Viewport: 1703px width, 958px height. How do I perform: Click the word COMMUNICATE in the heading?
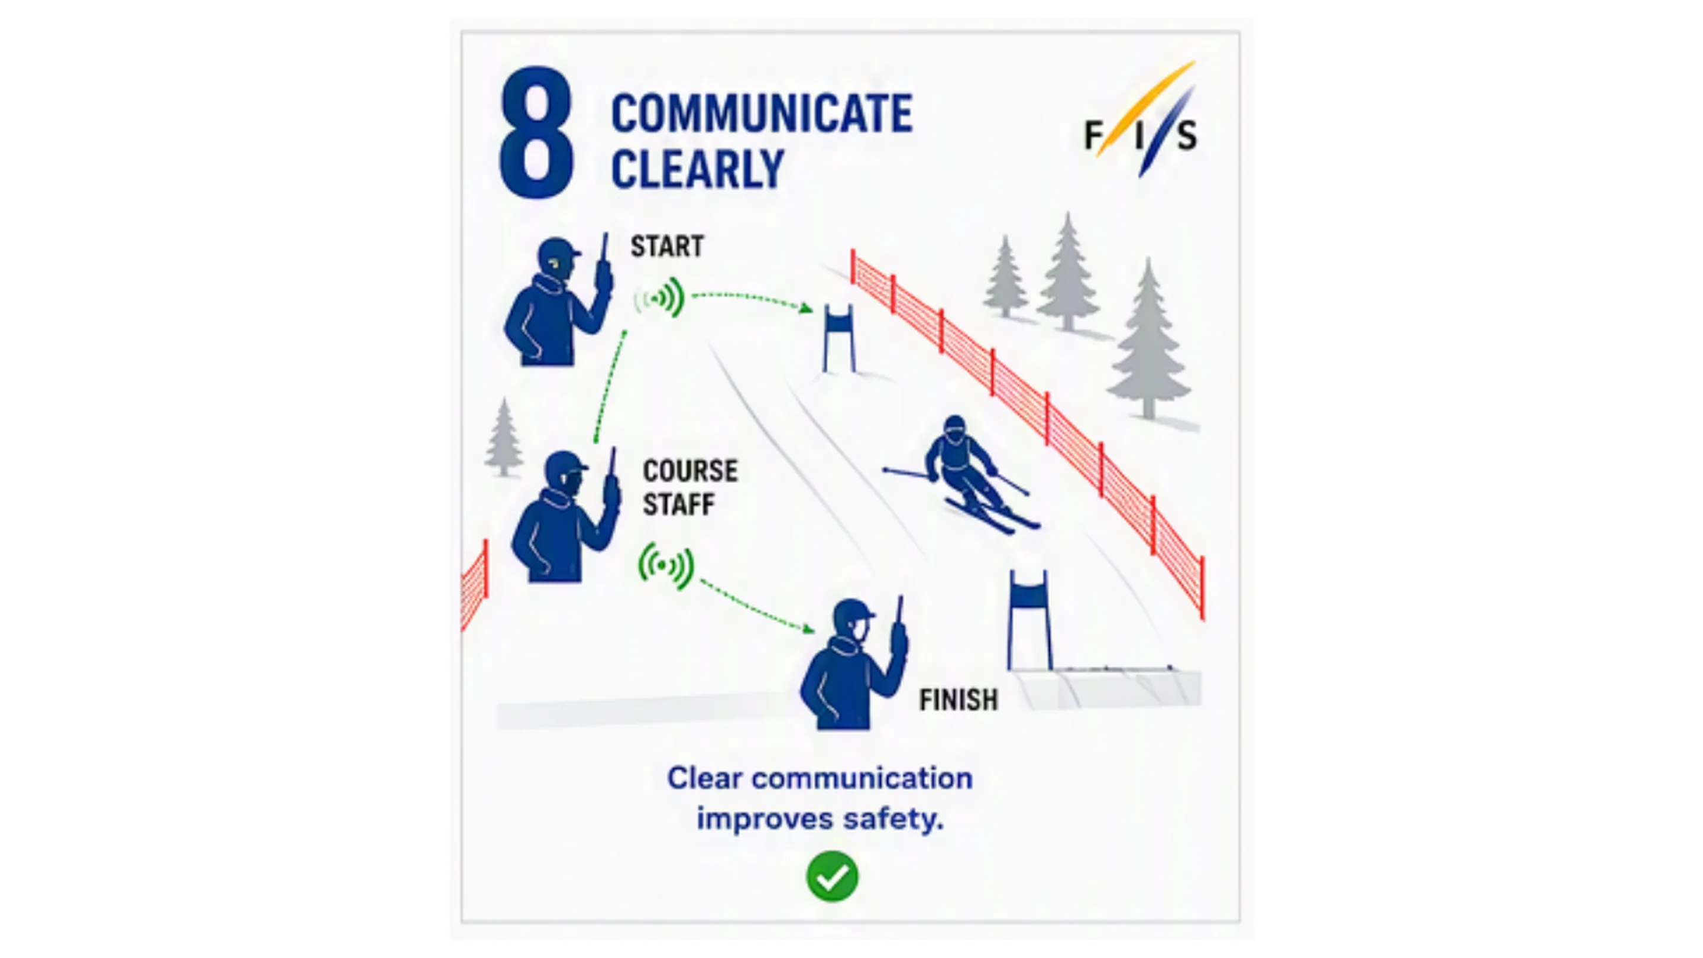click(x=762, y=114)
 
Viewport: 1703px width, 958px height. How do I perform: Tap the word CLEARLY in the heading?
click(x=698, y=169)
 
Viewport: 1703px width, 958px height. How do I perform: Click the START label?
click(x=667, y=246)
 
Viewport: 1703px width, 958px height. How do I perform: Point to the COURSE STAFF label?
click(x=690, y=488)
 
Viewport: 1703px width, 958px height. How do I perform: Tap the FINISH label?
click(x=959, y=700)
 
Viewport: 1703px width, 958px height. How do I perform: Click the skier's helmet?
click(x=954, y=428)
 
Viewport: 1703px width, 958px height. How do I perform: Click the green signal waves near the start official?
click(x=659, y=298)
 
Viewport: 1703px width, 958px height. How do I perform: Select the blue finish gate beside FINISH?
click(x=1029, y=621)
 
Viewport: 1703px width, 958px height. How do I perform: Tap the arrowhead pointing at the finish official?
click(x=808, y=629)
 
